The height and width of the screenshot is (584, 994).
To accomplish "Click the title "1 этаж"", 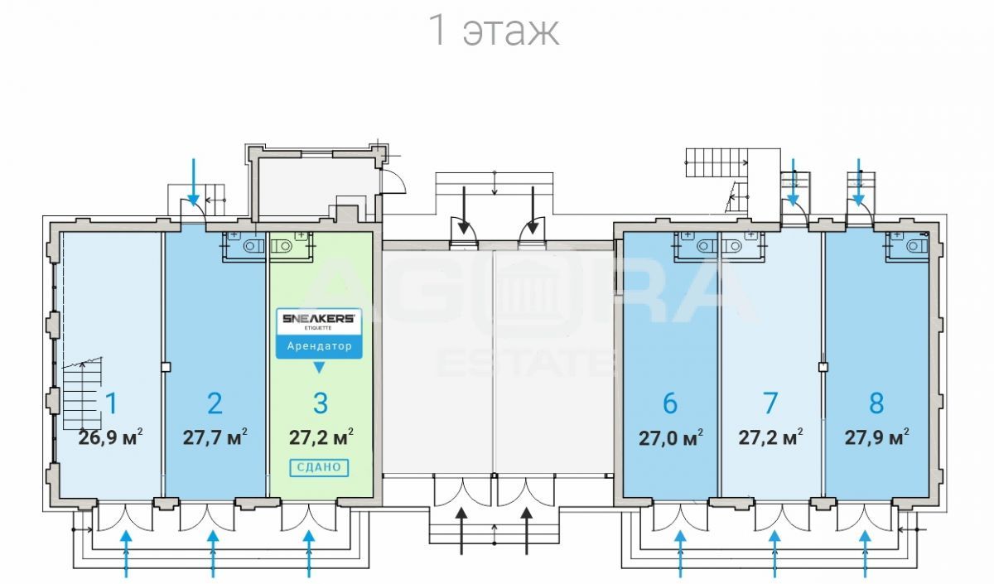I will pos(495,30).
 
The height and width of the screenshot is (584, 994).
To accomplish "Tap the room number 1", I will pos(111,403).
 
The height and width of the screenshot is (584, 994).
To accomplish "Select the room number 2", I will pos(215,403).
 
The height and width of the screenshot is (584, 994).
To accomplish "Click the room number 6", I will pos(670,403).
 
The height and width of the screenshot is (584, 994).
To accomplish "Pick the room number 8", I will pos(876,403).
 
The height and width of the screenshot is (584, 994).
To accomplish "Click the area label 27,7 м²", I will pos(215,437).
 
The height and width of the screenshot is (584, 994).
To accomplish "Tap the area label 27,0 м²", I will pos(670,437).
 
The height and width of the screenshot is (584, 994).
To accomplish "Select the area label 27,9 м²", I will pos(876,437).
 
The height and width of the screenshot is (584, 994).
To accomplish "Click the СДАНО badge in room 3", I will pos(319,467).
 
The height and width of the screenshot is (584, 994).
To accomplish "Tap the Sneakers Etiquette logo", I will pos(319,321).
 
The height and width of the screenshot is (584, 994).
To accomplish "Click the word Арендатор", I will pos(319,346).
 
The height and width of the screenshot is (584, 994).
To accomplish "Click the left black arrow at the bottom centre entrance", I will pos(462,530).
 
